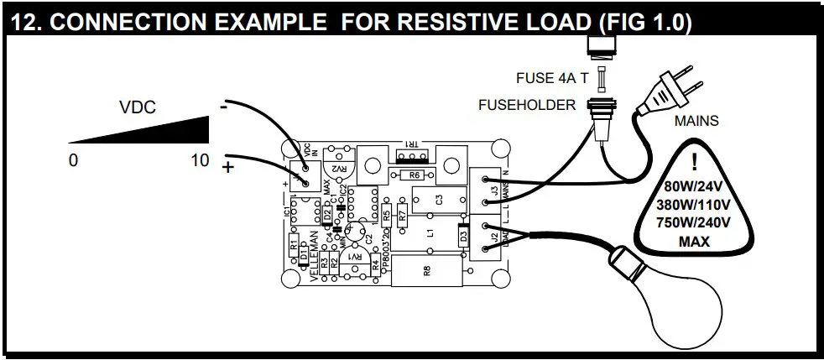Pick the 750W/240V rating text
click(693, 222)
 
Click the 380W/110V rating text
click(693, 204)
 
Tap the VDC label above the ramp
click(138, 107)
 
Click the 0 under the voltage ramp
click(73, 160)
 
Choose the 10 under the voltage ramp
click(200, 160)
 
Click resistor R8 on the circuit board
click(426, 271)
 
